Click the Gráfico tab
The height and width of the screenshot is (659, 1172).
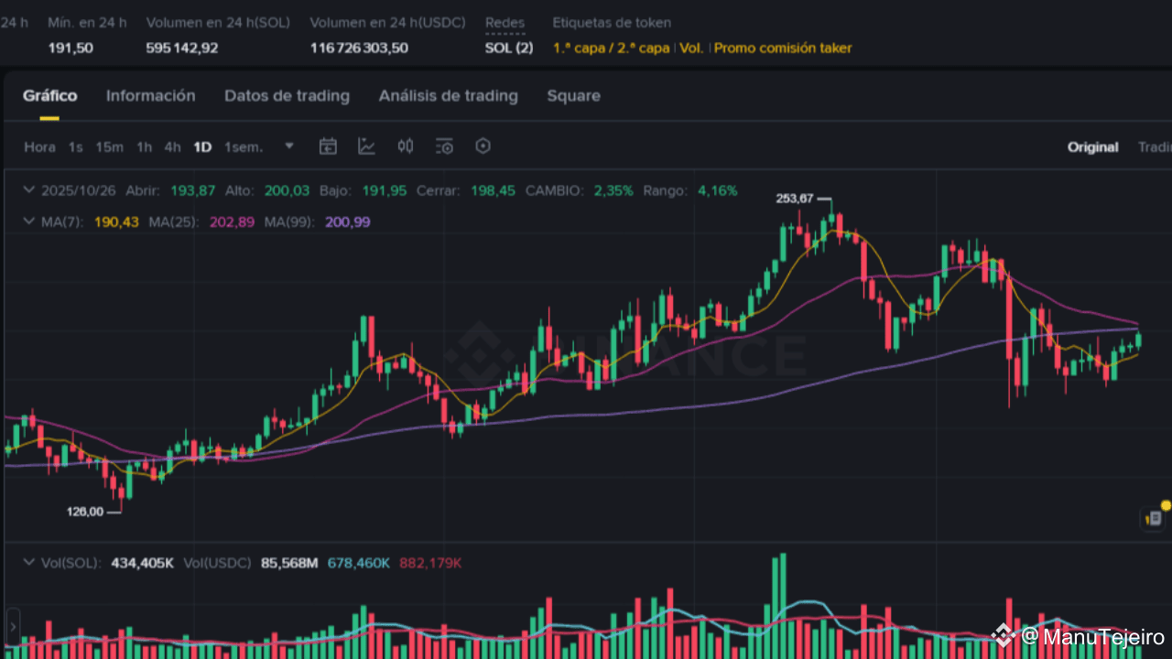coord(49,96)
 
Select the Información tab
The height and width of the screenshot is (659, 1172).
coord(150,96)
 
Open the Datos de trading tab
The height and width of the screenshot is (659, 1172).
coord(287,96)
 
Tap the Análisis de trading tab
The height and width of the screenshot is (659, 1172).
coord(448,96)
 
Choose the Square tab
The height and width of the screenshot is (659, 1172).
coord(573,96)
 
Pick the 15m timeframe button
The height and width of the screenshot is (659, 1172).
coord(109,147)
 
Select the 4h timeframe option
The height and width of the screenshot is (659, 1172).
coord(172,147)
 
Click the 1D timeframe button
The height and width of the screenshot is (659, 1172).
coord(202,147)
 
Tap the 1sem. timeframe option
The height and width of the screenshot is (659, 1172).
coord(244,147)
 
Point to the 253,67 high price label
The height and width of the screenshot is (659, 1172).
coord(794,199)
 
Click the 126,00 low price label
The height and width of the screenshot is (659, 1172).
coord(85,512)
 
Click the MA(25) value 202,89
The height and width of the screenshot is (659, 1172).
coord(232,222)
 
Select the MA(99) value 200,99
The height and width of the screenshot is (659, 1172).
coord(348,222)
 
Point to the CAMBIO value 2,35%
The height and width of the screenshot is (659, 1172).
coord(613,191)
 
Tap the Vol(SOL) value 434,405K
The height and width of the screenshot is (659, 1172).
coord(142,563)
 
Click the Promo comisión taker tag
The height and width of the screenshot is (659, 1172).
coord(782,48)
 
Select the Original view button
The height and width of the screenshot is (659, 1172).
coord(1092,147)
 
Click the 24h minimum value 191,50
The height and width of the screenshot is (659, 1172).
coord(71,48)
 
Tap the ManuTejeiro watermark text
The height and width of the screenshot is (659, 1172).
coord(1103,637)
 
